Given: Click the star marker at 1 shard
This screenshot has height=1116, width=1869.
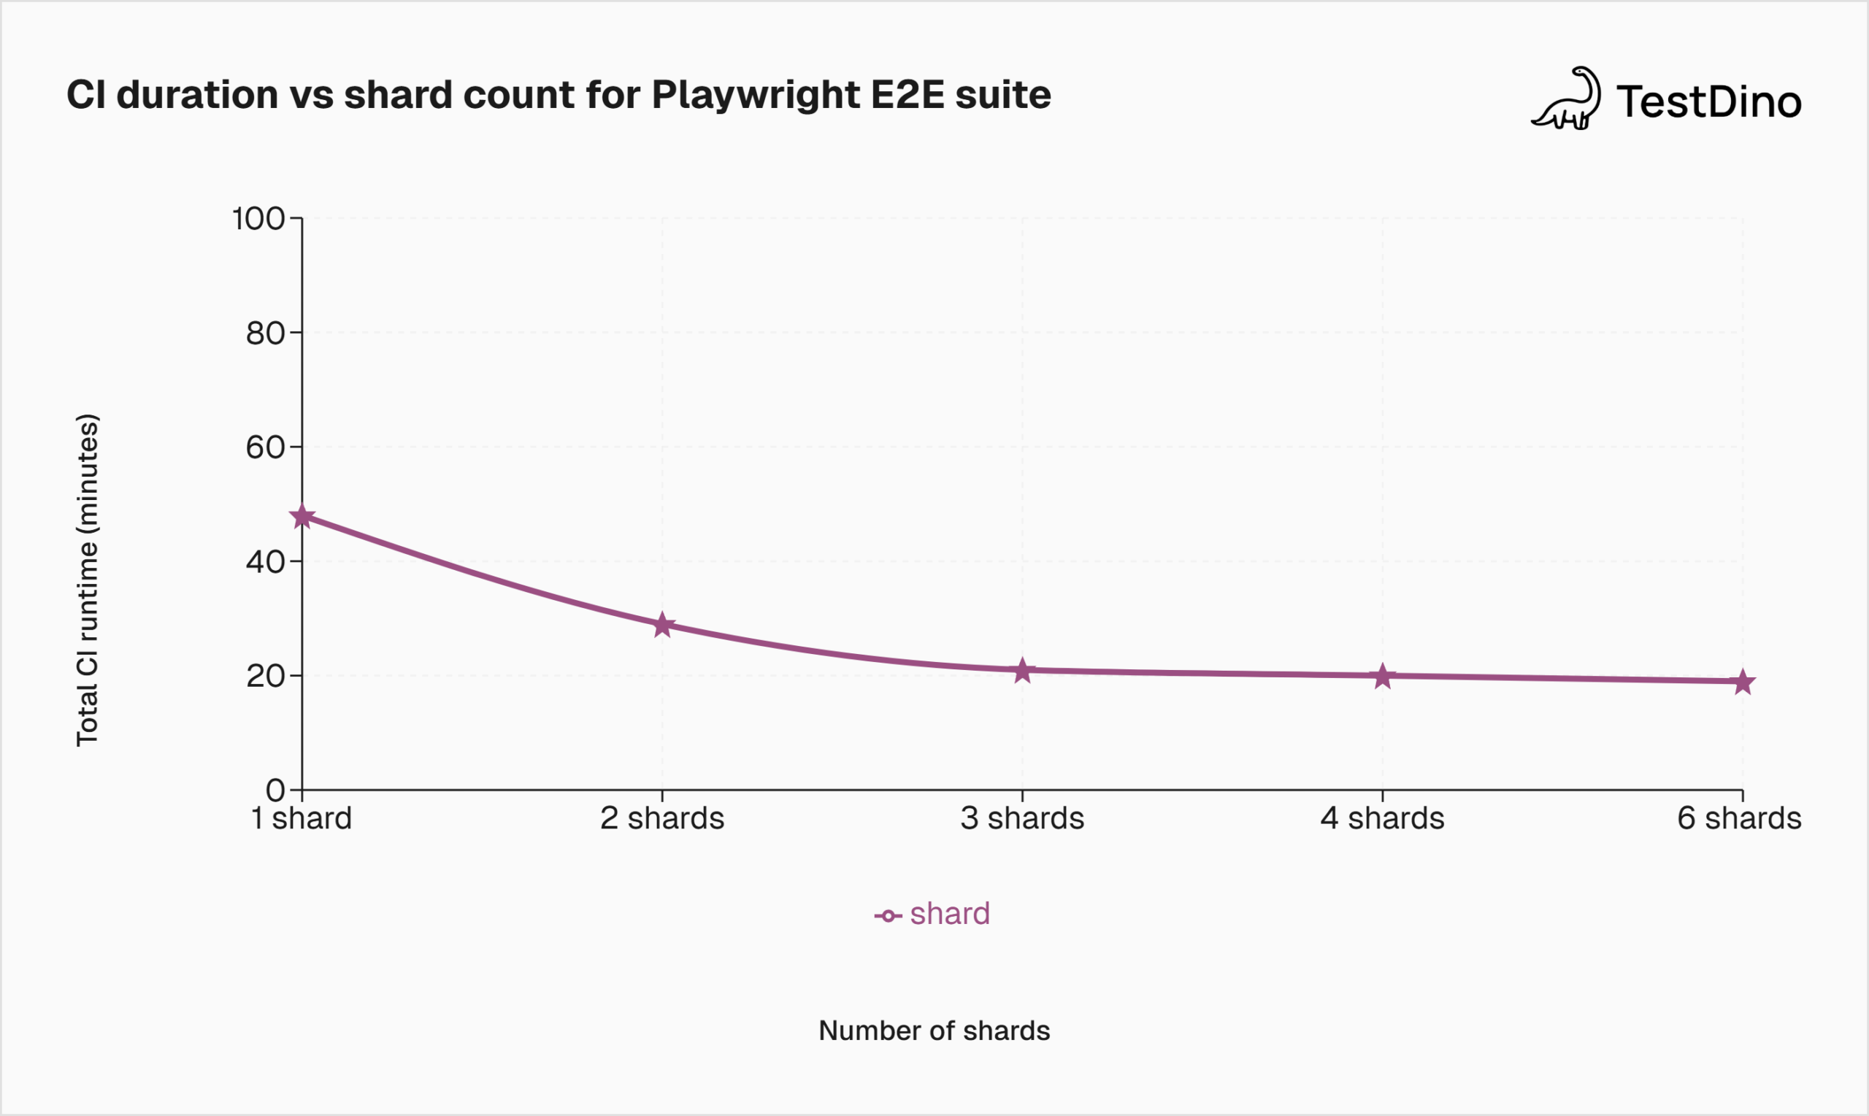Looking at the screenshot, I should coord(302,517).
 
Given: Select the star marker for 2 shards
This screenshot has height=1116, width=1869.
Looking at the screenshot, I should coord(662,625).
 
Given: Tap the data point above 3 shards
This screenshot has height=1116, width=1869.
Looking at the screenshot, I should coord(1022,670).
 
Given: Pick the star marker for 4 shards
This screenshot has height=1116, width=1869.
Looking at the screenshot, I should coord(1382,676).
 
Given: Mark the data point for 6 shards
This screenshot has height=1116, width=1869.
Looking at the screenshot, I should coord(1743,682).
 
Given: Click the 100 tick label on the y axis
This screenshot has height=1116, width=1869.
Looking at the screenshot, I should coord(258,219).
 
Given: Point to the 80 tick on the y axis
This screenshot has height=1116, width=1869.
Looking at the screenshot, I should coord(265,333).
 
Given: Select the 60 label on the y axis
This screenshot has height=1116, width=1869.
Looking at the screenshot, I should coord(265,447).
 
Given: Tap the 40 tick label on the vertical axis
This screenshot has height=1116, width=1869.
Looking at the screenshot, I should coord(265,562).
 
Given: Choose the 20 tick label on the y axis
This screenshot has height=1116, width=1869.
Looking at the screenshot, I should coord(265,676).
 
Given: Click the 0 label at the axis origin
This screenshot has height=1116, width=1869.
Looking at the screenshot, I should coord(275,790).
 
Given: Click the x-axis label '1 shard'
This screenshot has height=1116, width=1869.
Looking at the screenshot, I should coord(301,818).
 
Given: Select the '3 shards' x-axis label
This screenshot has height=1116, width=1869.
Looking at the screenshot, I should coord(1022,818).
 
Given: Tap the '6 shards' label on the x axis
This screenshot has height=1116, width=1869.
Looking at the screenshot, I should coord(1739,818).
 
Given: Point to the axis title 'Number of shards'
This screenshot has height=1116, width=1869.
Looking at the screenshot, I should coord(933,1031).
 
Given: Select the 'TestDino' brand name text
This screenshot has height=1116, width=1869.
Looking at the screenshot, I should coord(1709,102).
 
